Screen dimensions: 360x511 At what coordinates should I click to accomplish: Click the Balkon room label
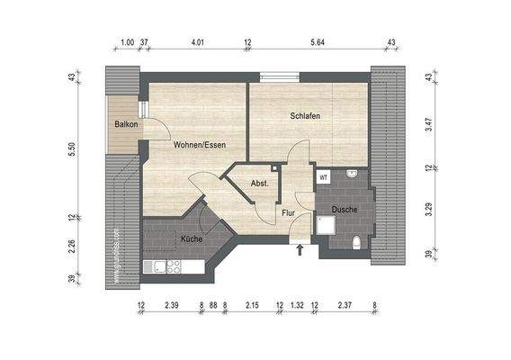click(x=126, y=124)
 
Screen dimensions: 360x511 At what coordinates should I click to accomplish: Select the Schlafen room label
click(x=305, y=116)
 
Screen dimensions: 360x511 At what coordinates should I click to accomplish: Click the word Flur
click(x=289, y=213)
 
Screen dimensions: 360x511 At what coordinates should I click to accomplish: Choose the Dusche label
click(x=345, y=210)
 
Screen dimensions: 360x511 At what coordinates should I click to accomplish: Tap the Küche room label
click(x=191, y=239)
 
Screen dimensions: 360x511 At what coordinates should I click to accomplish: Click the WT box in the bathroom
click(x=323, y=177)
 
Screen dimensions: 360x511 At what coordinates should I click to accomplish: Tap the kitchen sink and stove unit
click(x=163, y=265)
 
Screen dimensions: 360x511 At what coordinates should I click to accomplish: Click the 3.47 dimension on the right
click(x=430, y=125)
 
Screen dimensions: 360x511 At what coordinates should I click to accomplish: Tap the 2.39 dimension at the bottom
click(x=172, y=306)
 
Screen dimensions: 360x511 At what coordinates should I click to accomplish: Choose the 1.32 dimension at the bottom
click(x=297, y=306)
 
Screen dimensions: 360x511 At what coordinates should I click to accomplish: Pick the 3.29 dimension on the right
click(x=430, y=211)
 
